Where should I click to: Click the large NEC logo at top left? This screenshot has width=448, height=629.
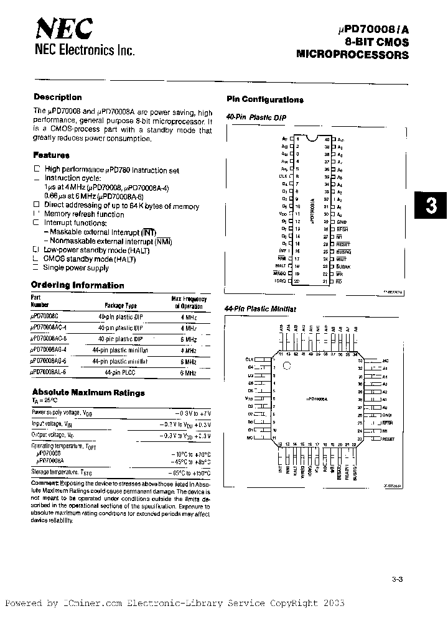click(x=64, y=29)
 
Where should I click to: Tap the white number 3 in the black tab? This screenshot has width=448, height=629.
click(x=431, y=208)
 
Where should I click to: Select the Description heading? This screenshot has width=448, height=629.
click(x=57, y=98)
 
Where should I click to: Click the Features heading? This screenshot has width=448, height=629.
click(x=51, y=155)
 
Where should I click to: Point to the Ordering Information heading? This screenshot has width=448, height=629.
click(x=78, y=285)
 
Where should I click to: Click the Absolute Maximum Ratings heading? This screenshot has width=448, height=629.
click(x=88, y=393)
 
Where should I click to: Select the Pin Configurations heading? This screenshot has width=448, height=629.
click(x=265, y=99)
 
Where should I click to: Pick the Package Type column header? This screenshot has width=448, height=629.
click(x=121, y=306)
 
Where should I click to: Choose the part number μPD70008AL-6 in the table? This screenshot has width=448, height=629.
click(x=49, y=372)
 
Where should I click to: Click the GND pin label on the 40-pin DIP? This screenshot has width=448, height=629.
click(x=341, y=222)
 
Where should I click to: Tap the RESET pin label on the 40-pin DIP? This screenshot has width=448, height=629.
click(x=343, y=244)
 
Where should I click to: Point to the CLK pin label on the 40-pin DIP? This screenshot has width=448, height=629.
click(x=282, y=177)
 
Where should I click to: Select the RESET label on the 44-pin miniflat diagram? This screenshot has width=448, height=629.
click(x=389, y=439)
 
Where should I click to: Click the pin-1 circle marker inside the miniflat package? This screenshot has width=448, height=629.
click(x=287, y=366)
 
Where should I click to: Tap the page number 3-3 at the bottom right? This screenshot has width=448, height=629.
click(x=398, y=580)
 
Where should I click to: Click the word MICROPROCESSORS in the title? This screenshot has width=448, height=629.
click(x=353, y=55)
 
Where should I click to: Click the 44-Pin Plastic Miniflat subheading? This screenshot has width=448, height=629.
click(x=261, y=308)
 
